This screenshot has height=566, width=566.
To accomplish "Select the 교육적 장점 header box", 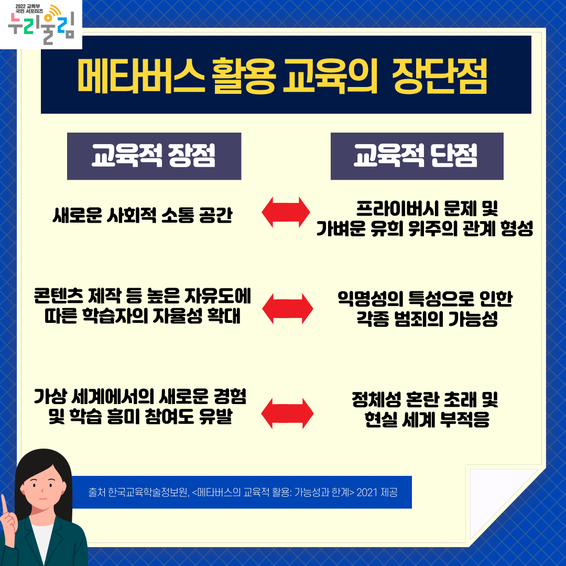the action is click(x=154, y=156).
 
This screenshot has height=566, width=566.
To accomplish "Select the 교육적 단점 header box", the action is click(x=417, y=156).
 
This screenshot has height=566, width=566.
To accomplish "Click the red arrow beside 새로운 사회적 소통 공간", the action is click(x=286, y=212).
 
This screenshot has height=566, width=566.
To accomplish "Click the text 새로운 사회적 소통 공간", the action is click(x=142, y=215).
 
